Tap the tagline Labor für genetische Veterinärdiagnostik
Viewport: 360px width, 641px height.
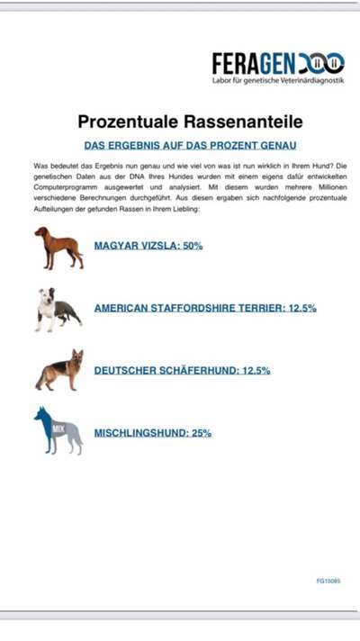pos(278,80)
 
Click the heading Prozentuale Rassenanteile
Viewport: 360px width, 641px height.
pos(190,121)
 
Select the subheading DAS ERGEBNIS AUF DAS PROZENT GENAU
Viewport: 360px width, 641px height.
pos(190,144)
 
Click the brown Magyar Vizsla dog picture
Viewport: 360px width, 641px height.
pos(58,248)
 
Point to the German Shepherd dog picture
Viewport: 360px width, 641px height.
pos(59,370)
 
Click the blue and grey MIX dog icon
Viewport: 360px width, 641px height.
pos(58,430)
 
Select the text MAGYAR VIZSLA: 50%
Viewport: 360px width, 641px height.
pos(148,245)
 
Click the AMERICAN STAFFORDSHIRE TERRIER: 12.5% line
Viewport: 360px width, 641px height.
pos(205,308)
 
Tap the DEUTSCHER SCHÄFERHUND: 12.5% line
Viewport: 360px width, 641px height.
pos(182,370)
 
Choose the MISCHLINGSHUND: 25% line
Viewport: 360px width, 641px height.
pos(153,433)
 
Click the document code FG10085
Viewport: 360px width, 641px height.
pos(328,581)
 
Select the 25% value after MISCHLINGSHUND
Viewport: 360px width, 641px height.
pos(202,433)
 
